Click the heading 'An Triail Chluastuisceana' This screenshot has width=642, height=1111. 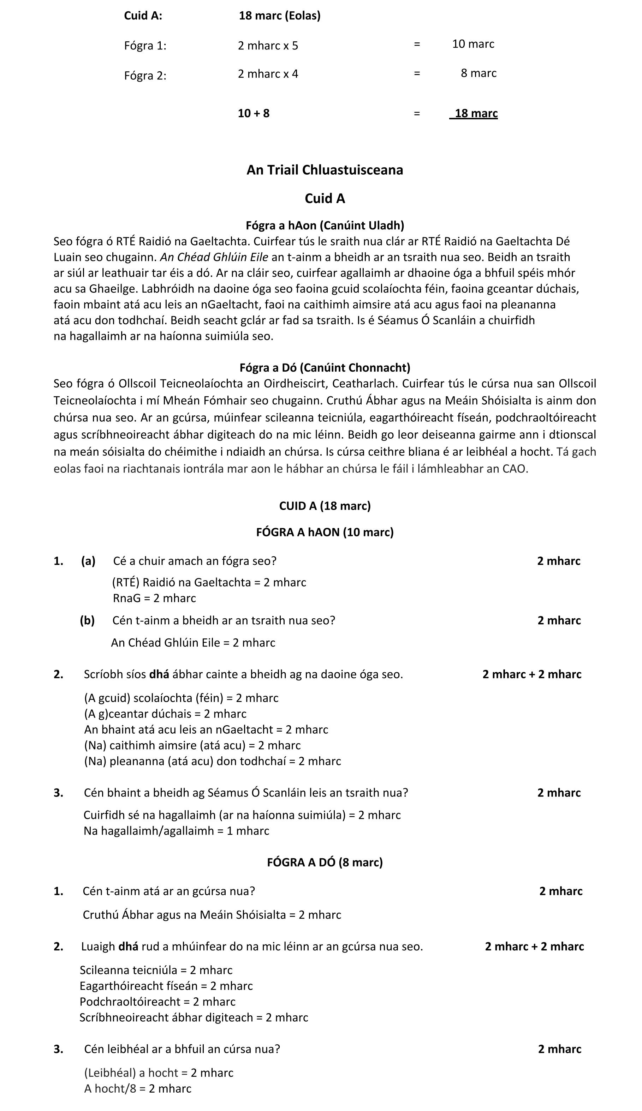[x=325, y=170]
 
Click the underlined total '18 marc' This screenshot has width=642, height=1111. [x=476, y=113]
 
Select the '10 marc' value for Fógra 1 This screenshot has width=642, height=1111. [x=473, y=44]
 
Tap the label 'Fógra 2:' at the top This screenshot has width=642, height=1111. [x=145, y=76]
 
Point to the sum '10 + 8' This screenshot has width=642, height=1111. [x=254, y=113]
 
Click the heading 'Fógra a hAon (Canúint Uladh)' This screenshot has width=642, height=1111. [x=325, y=226]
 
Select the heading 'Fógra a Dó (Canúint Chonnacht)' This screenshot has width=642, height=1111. [x=325, y=367]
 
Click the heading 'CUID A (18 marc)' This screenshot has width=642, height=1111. [x=325, y=506]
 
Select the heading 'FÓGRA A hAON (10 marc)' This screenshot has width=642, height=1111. [x=325, y=532]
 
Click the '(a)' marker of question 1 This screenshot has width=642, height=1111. [x=88, y=561]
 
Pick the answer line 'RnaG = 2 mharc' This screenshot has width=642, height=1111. [x=154, y=598]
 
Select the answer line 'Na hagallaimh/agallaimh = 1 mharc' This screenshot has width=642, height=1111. [x=176, y=831]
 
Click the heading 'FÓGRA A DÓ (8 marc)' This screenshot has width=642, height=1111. [x=325, y=862]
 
